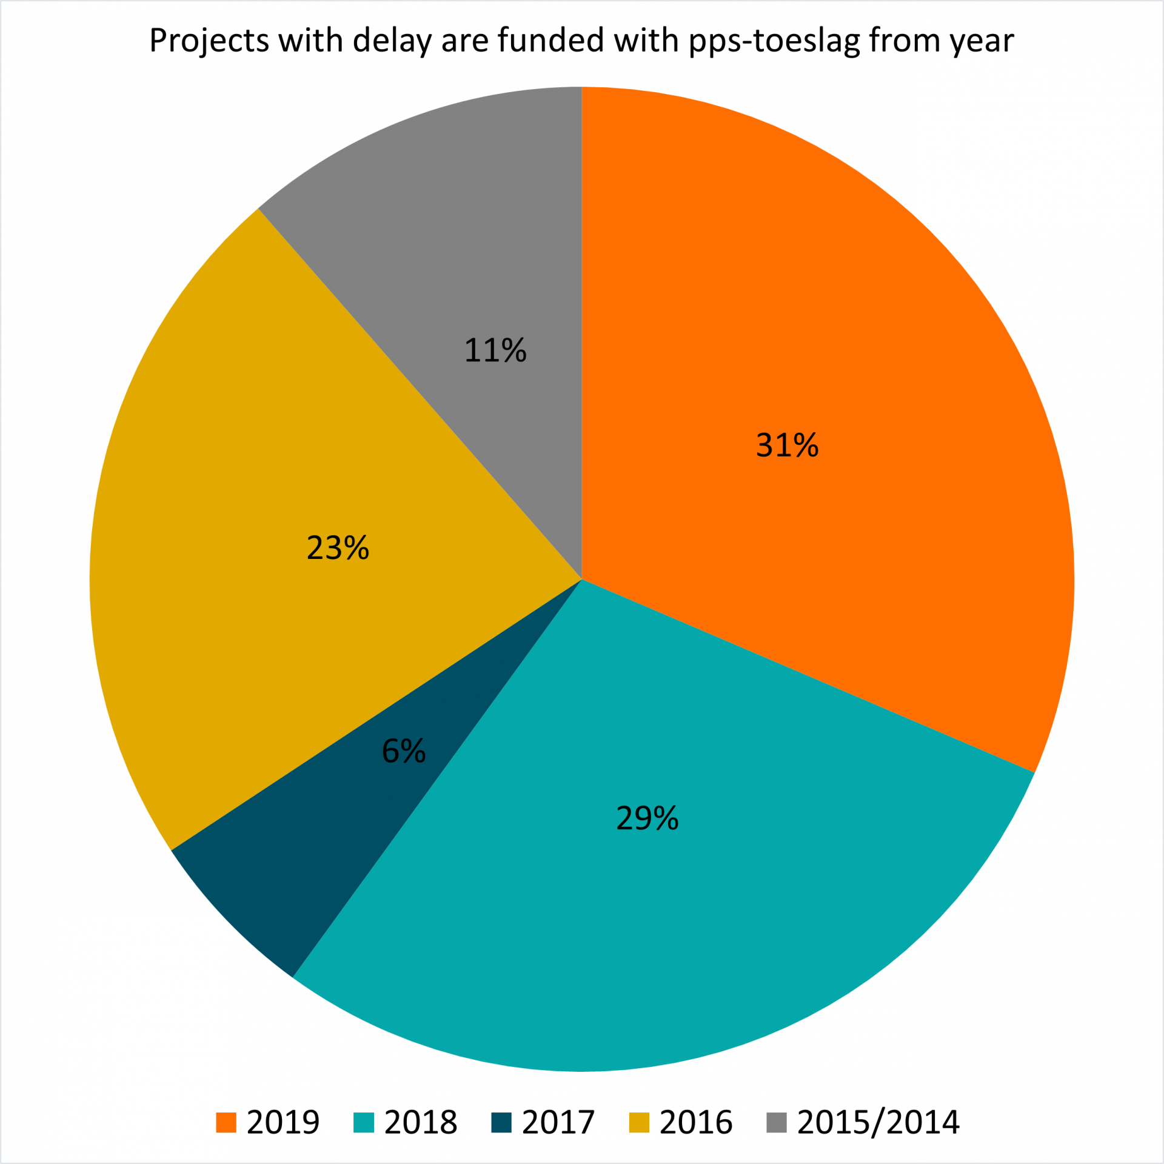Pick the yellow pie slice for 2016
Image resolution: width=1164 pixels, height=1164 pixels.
tap(273, 485)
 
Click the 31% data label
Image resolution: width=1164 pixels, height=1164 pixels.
tap(787, 445)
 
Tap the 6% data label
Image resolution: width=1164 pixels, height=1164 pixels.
tap(404, 751)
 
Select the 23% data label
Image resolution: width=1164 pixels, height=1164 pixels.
tap(338, 547)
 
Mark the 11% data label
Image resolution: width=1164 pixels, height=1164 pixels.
tap(495, 350)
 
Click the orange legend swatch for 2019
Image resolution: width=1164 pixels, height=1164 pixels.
tap(226, 1122)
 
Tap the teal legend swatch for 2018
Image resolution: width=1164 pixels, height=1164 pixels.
tap(364, 1122)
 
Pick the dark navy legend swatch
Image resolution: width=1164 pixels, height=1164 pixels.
tap(501, 1122)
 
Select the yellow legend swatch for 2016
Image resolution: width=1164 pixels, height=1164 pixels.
tap(639, 1122)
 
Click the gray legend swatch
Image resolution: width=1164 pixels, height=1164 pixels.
tap(777, 1122)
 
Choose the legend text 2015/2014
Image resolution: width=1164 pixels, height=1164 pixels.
tap(878, 1122)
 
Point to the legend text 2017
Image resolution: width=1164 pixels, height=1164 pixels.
tap(558, 1122)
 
